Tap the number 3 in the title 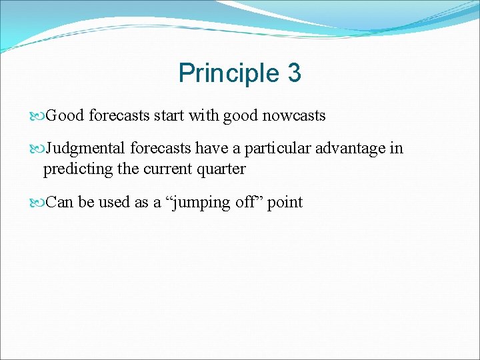tap(294, 73)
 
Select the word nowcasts tap(294, 116)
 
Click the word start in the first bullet tap(169, 116)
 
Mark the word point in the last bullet tap(285, 202)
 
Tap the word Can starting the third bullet tap(60, 202)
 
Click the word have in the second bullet tap(211, 148)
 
